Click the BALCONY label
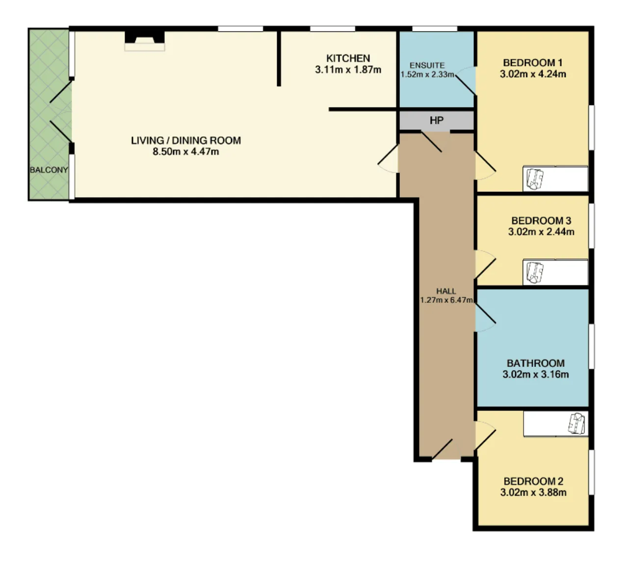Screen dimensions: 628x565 49,170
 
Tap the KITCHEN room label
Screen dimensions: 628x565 348,58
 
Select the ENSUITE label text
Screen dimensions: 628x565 427,65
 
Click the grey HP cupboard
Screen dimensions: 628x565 437,120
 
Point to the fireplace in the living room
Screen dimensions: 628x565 145,41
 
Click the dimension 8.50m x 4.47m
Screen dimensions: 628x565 185,152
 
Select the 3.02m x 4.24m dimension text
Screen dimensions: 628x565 533,74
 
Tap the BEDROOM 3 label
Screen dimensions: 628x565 541,221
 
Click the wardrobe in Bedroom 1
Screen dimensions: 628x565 555,179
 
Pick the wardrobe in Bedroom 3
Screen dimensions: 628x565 555,272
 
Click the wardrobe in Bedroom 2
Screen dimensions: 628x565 556,424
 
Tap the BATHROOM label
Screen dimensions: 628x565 536,363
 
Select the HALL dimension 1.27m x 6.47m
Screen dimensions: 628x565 446,300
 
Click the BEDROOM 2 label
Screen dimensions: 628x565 533,481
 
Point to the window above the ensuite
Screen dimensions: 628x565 435,29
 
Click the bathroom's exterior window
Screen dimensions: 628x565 591,346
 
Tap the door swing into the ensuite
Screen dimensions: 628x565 466,81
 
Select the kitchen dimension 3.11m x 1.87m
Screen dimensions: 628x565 348,70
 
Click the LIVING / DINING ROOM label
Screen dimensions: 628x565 186,140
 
